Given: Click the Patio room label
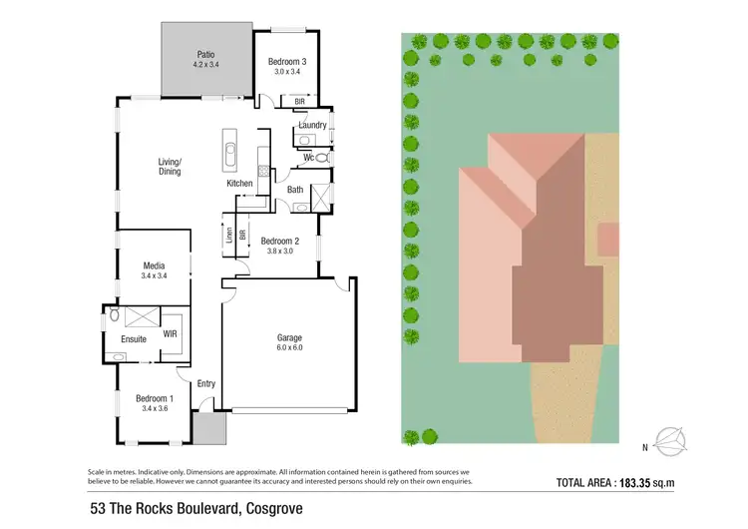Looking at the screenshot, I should coord(205,55).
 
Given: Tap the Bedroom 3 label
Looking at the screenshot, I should coord(285,61).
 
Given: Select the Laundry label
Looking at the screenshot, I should coord(312,125).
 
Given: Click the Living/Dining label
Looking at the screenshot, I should coord(170,166).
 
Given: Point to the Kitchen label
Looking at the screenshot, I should coord(239,184).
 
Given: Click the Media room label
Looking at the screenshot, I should coord(154,265).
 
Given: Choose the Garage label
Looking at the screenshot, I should coord(289,337).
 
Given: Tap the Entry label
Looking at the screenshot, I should coord(206,383).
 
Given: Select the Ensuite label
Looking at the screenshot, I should coord(134,339).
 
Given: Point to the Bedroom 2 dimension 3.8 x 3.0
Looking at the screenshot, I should coord(280,252).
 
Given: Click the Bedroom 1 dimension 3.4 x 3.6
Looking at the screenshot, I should coord(154,408).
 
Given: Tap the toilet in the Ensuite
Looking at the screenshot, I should coord(115,314).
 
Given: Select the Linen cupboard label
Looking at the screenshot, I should coord(228,237).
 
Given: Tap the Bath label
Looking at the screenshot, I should coord(295,190).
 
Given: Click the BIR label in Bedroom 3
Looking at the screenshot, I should coord(299,101).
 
